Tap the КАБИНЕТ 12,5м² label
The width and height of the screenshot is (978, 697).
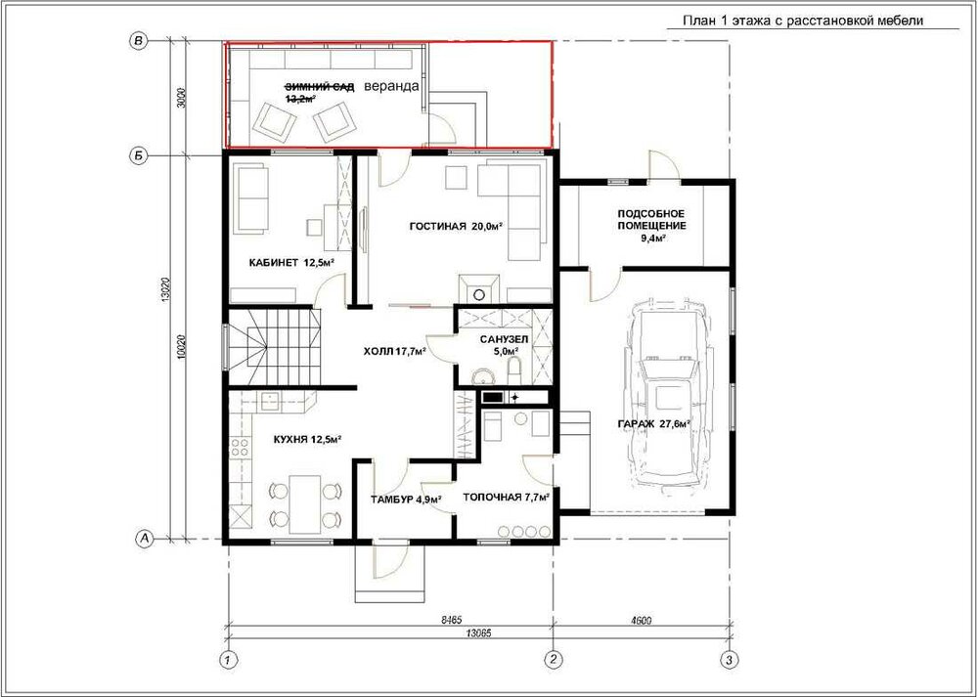tap(291, 262)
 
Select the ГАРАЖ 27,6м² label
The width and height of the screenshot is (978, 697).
tap(653, 424)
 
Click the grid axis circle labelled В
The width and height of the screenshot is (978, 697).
tap(139, 41)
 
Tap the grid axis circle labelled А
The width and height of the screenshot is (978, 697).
tap(145, 538)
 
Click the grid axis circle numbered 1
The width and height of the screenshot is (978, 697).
tap(229, 659)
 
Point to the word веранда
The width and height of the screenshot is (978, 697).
tap(391, 86)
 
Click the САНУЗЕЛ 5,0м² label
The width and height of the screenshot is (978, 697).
tap(504, 345)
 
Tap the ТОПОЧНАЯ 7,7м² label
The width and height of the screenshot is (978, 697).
tap(506, 498)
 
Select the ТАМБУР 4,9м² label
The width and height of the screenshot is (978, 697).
tap(406, 500)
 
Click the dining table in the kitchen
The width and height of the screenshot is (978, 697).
tap(305, 504)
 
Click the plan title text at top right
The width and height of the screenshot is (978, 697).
tap(803, 21)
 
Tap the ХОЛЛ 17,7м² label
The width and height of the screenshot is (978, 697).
tap(395, 352)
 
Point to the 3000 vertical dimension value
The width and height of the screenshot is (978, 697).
tap(182, 98)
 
